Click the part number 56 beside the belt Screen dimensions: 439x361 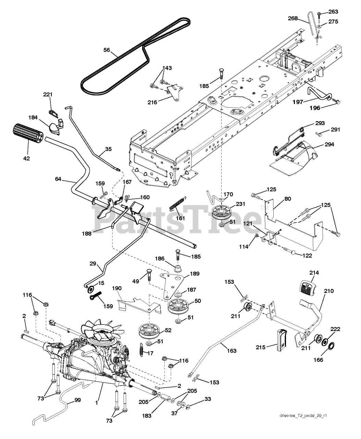point(107,50)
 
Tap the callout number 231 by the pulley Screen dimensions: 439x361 point(240,204)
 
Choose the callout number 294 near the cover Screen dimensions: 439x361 point(327,144)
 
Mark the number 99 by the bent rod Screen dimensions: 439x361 point(78,400)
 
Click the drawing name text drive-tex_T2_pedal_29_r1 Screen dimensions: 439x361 point(303,426)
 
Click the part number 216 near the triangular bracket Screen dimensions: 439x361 point(152,102)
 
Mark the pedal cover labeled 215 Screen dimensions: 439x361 point(281,340)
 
